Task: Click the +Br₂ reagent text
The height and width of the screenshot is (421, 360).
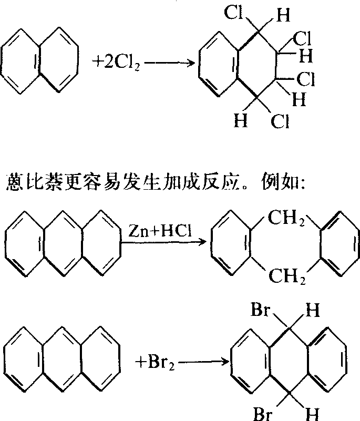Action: (x=158, y=362)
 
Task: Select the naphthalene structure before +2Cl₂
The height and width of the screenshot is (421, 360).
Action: (x=40, y=62)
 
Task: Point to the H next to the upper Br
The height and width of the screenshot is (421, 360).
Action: (x=312, y=310)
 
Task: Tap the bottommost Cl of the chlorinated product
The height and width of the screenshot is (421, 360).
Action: (x=280, y=122)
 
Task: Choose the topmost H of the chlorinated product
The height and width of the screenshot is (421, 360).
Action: (x=283, y=16)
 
